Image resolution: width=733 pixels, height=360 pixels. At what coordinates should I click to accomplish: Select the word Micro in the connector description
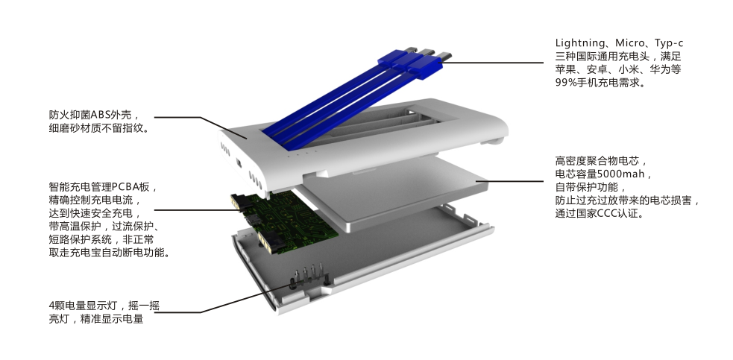629,43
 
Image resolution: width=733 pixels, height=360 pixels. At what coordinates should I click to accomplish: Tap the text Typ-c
669,43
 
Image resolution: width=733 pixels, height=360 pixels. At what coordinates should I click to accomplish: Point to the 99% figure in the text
566,82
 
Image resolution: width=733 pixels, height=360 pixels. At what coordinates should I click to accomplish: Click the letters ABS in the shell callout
100,115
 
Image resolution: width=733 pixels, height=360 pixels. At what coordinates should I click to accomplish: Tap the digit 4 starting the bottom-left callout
52,306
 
